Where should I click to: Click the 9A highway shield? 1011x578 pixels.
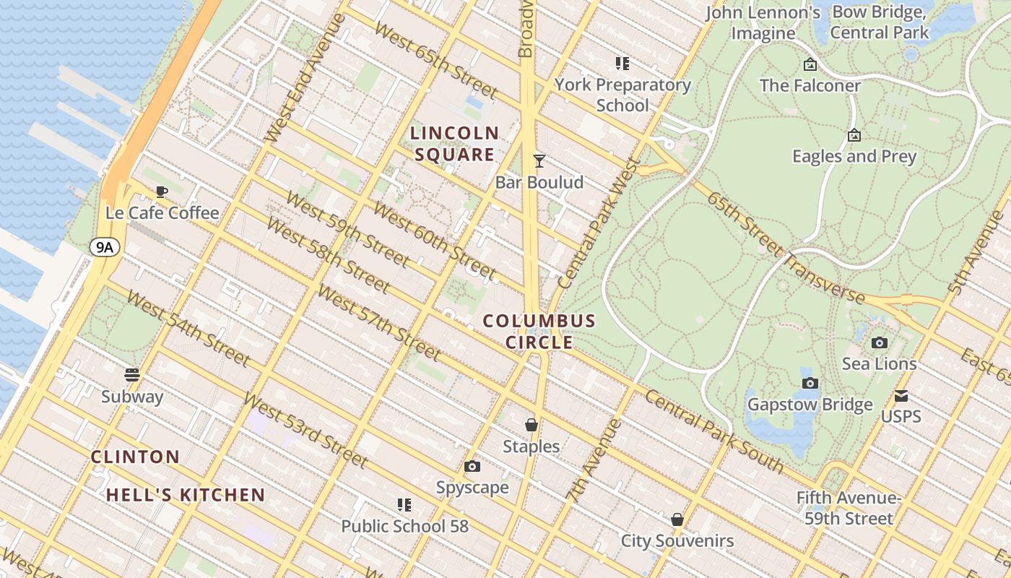pos(105,248)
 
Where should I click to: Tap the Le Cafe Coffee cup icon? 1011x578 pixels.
pos(161,191)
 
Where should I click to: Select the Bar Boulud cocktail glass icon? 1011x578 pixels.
pos(539,160)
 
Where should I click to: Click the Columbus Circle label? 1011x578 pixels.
pos(539,332)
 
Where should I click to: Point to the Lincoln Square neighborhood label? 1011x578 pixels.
pos(454,144)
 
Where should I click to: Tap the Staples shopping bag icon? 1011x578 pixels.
pos(531,425)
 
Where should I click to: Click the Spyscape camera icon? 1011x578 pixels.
pos(472,467)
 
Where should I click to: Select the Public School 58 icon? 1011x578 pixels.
pos(404,504)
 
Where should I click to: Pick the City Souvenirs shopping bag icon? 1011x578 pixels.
pos(677,519)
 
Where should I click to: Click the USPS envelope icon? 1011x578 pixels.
pos(901,396)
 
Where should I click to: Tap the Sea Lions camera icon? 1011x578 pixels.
pos(880,342)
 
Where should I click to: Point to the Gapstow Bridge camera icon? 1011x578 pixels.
pos(810,383)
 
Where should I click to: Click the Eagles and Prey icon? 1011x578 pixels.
pos(854,135)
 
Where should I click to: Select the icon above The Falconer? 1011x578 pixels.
pos(810,64)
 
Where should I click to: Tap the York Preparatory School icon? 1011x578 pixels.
pos(622,63)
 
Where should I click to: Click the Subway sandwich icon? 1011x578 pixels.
pos(132,374)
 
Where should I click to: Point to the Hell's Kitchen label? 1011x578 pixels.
pos(186,495)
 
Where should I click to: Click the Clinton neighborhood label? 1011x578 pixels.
pos(136,457)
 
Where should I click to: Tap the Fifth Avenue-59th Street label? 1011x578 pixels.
pos(849,508)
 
